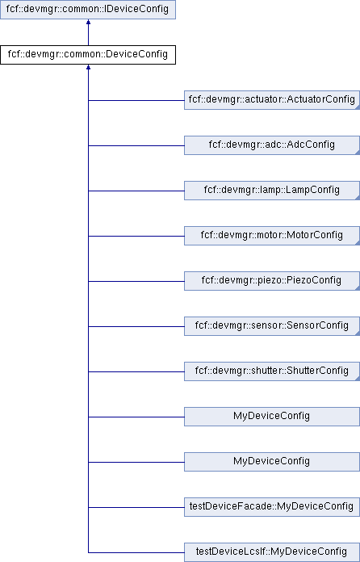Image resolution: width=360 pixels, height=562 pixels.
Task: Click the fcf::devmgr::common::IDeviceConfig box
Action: point(88,10)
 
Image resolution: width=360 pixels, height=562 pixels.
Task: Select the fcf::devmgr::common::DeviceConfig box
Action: point(88,55)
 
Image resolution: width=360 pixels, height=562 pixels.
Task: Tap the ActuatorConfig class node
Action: point(272,100)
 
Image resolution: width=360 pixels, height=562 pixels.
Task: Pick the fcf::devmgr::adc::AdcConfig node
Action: point(272,145)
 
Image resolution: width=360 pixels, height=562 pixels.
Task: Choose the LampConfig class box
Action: point(272,191)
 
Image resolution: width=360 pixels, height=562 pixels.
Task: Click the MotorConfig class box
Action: point(272,236)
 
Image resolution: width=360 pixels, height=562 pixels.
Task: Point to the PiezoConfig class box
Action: point(272,281)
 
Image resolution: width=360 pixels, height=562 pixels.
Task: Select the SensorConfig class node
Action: point(272,325)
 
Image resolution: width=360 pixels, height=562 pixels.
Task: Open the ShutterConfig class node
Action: point(272,371)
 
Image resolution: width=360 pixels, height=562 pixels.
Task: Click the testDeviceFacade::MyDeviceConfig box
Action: point(272,507)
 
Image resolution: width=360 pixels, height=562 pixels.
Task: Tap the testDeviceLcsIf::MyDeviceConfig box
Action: point(272,552)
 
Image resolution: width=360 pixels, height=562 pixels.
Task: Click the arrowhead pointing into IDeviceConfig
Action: point(88,22)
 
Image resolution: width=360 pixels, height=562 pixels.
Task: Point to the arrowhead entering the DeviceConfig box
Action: point(88,67)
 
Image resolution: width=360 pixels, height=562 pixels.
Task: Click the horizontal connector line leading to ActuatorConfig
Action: point(136,100)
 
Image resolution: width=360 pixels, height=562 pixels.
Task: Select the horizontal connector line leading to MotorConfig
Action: point(136,236)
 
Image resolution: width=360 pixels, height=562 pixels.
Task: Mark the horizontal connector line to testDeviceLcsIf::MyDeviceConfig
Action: point(136,552)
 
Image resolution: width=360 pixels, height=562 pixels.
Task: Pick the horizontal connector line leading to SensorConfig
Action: point(136,326)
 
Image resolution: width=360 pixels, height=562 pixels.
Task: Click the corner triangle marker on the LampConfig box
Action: point(358,198)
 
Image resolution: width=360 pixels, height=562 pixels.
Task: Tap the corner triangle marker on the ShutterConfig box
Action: point(358,378)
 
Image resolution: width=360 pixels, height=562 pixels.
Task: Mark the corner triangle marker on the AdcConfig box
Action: point(358,153)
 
